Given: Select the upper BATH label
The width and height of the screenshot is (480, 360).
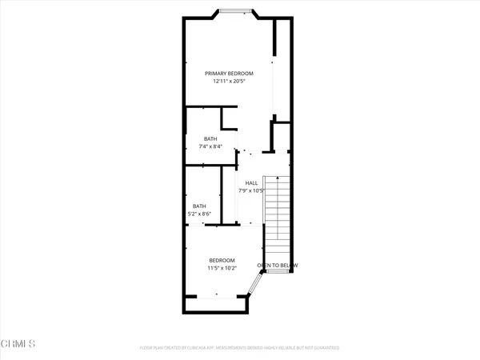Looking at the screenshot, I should (x=210, y=139).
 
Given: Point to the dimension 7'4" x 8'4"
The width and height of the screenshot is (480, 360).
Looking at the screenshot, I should (x=210, y=147).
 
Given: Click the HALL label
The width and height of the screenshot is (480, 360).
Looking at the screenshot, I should (x=250, y=183).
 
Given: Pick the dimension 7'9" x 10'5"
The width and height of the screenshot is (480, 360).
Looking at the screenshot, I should (x=250, y=191).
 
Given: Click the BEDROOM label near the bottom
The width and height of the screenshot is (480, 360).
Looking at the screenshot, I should (x=222, y=260).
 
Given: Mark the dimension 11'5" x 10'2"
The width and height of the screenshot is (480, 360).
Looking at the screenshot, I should (x=222, y=268).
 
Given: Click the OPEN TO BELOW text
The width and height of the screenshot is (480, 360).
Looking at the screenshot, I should (x=278, y=266).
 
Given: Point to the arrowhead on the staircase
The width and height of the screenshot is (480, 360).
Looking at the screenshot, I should (x=277, y=178).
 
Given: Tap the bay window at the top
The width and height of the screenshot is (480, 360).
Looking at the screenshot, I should (x=234, y=11).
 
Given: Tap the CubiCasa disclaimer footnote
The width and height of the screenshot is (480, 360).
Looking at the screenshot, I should (x=239, y=348).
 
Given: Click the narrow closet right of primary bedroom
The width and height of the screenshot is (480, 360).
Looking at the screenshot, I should (x=281, y=56).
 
